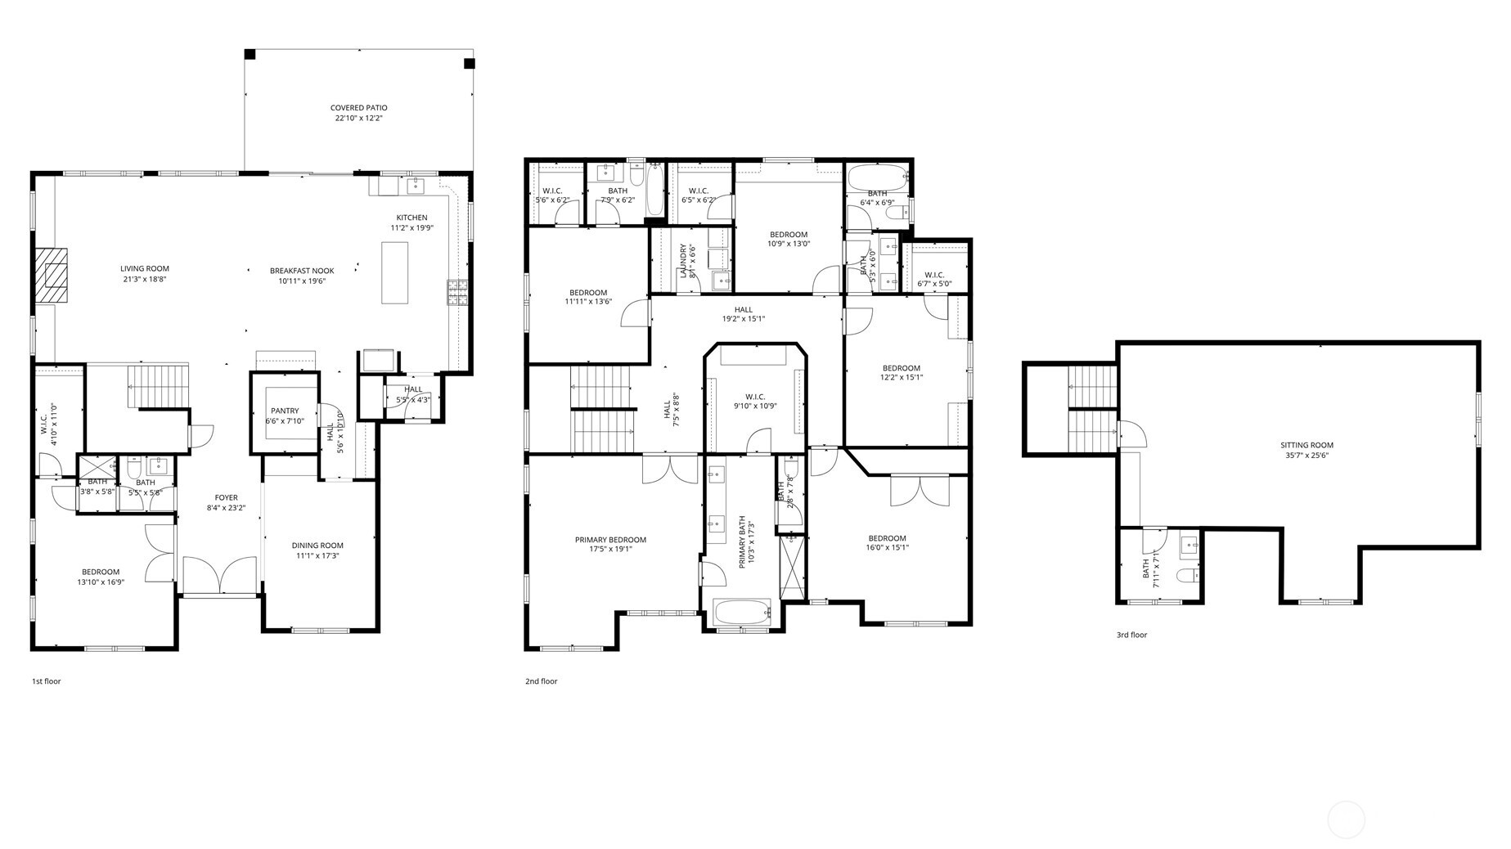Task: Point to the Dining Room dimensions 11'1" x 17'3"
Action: point(317,556)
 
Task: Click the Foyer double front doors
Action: point(219,575)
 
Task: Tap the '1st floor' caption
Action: point(46,681)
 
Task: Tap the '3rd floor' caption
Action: point(1131,635)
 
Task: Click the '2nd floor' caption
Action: point(541,681)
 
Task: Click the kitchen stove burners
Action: point(456,291)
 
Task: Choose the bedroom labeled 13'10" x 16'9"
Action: point(101,577)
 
